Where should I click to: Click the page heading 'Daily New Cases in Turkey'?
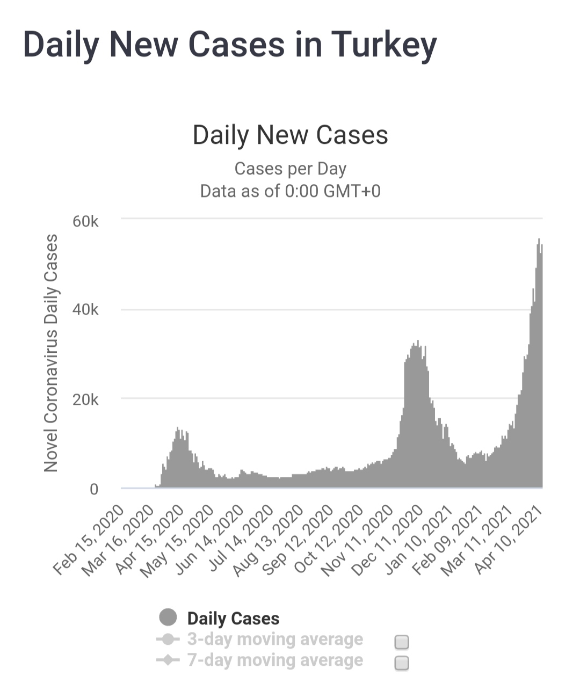click(x=230, y=44)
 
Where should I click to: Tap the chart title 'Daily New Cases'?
click(x=290, y=135)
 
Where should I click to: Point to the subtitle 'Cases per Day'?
click(x=290, y=169)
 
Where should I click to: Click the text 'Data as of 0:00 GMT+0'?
click(x=290, y=191)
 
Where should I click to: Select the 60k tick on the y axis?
click(x=86, y=221)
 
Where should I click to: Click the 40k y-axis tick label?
click(x=86, y=310)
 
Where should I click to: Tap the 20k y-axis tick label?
click(x=86, y=400)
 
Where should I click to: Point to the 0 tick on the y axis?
click(x=94, y=489)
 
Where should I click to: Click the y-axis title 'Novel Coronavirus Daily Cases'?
click(x=51, y=353)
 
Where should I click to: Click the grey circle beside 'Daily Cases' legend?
click(x=168, y=617)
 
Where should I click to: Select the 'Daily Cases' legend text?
click(x=233, y=619)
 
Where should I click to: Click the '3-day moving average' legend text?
click(x=275, y=639)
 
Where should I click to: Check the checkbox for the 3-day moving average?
click(x=402, y=642)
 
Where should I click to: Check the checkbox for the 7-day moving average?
click(x=402, y=663)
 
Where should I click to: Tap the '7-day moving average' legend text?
click(x=275, y=660)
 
